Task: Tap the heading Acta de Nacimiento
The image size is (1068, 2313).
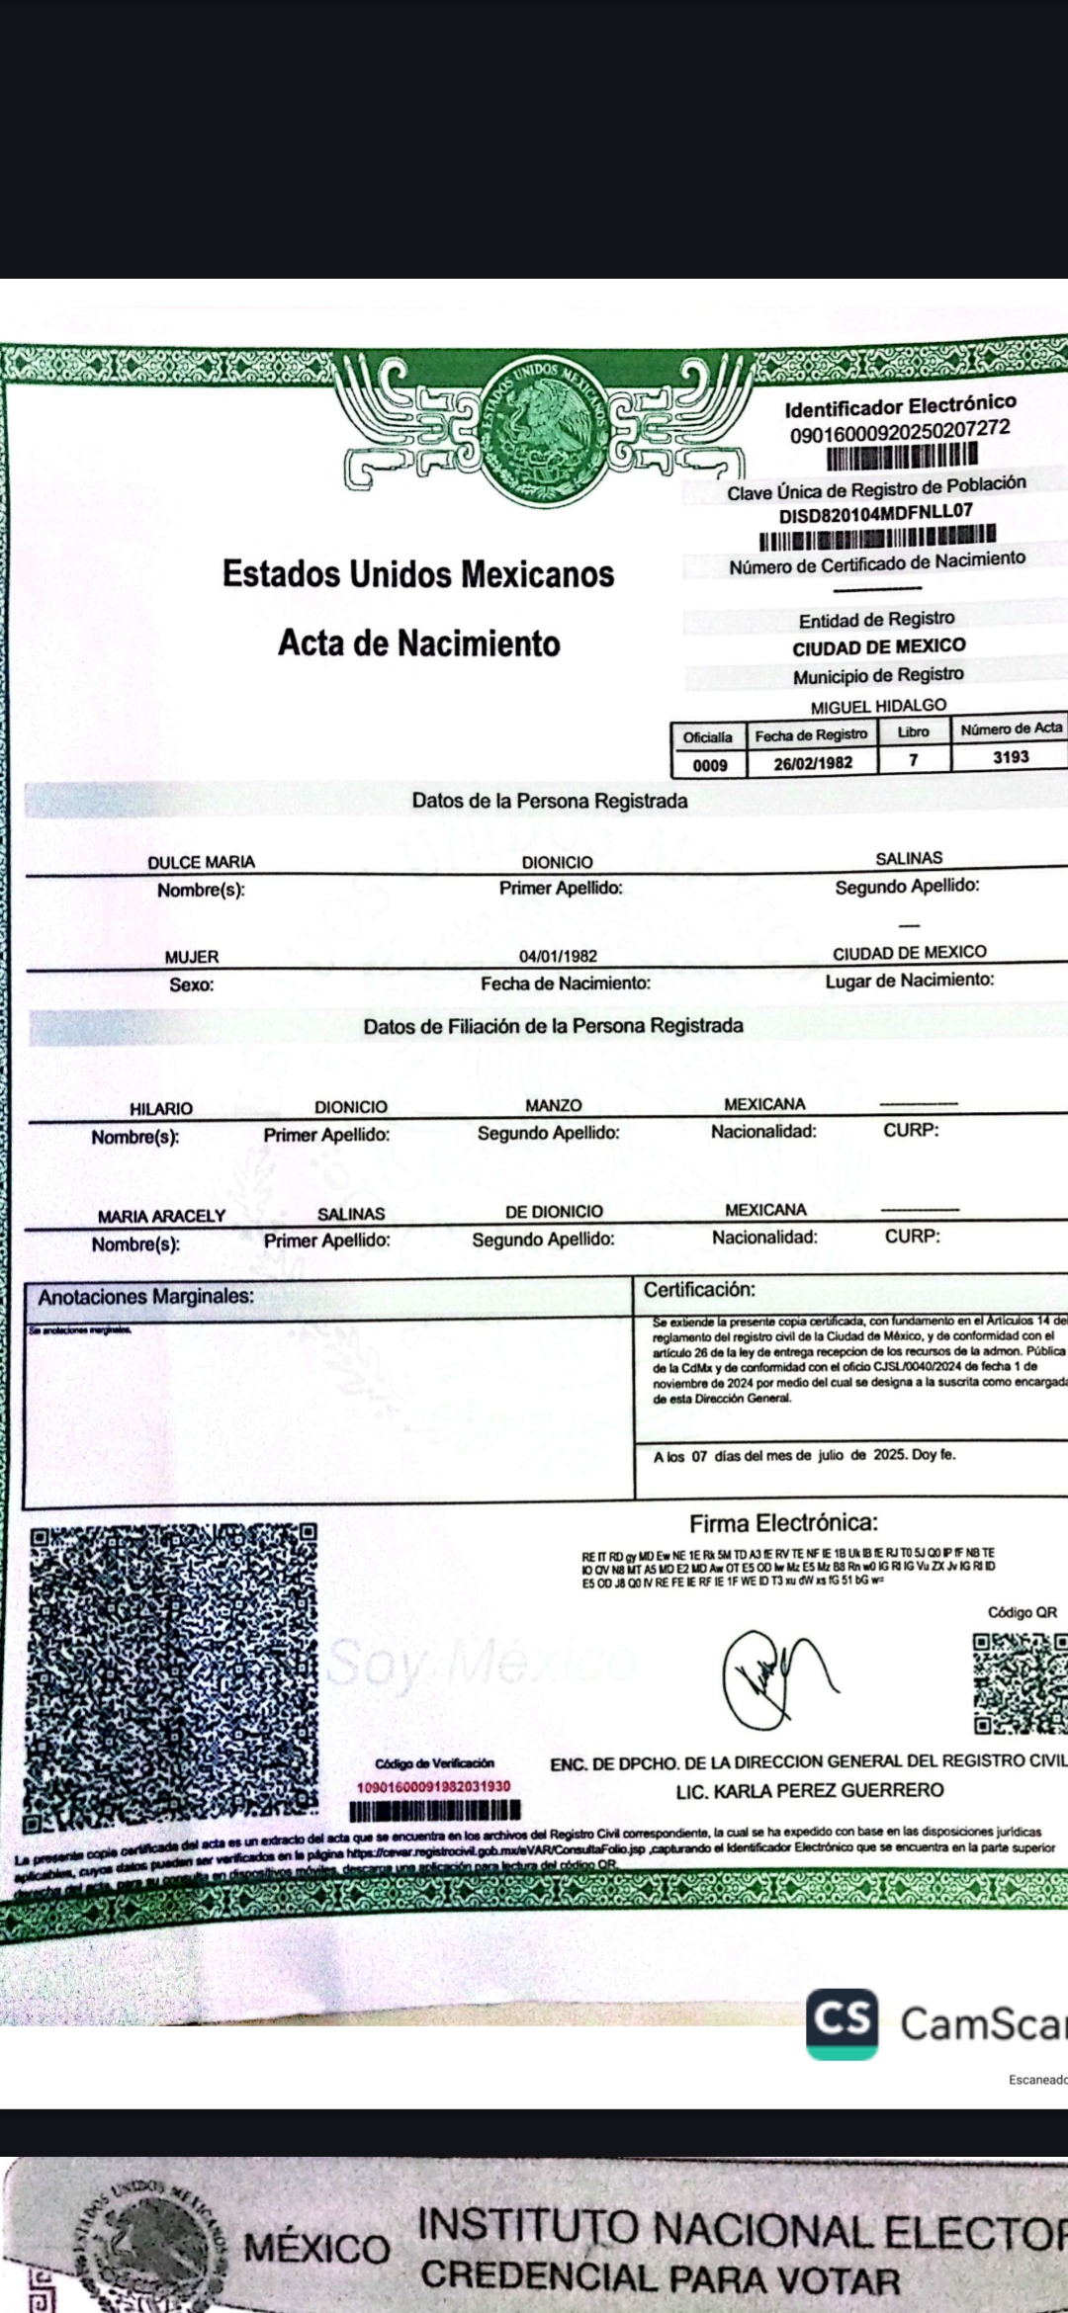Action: [418, 643]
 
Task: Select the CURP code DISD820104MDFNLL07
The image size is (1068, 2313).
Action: [875, 513]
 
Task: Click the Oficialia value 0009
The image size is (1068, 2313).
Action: [709, 765]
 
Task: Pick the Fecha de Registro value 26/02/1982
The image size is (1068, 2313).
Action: [812, 763]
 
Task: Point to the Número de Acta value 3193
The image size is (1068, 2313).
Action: [1011, 757]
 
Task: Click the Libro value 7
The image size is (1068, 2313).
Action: [914, 760]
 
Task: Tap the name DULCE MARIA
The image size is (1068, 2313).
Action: [201, 862]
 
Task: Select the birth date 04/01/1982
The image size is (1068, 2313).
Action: [558, 956]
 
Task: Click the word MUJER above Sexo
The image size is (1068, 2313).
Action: [192, 957]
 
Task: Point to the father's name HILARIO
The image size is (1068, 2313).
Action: [161, 1109]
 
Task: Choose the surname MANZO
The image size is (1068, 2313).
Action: [554, 1105]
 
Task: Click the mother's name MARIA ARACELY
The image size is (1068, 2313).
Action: [161, 1216]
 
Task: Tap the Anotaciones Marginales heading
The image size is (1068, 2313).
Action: [145, 1296]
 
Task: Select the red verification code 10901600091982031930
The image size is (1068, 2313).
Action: [433, 1786]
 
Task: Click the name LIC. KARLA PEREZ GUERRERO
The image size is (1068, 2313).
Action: [809, 1790]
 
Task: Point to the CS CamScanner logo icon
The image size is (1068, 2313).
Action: [842, 2022]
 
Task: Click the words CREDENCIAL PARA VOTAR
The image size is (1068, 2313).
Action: [661, 2279]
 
